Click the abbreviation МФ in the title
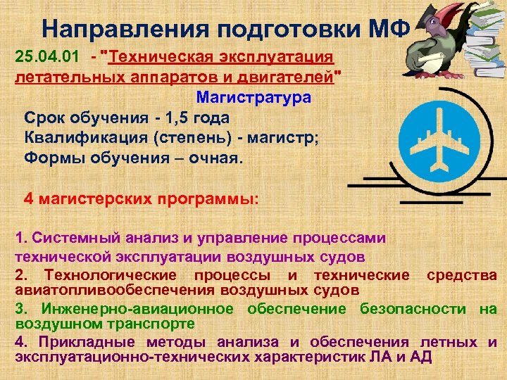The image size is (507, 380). click(x=389, y=28)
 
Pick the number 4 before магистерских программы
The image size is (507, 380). click(x=29, y=198)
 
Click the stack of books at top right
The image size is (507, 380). click(x=482, y=35)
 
